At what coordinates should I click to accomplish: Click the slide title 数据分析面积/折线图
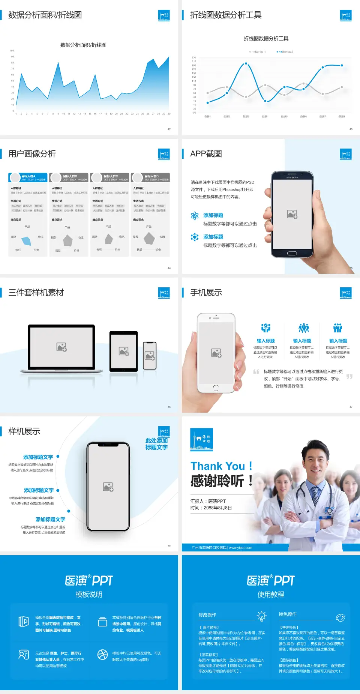(x=45, y=15)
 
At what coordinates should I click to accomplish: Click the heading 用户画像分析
(x=32, y=154)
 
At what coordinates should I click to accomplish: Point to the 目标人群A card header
(x=28, y=177)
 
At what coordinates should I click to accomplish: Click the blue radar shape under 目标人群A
(x=26, y=240)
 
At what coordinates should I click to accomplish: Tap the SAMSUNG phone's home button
(x=292, y=253)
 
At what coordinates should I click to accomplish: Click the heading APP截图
(x=206, y=154)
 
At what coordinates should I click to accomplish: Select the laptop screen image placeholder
(x=61, y=347)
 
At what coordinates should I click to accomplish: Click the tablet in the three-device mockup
(x=124, y=351)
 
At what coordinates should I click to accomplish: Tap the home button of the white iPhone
(x=216, y=387)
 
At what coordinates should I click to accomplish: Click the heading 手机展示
(x=206, y=293)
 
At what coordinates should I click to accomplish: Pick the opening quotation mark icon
(x=256, y=372)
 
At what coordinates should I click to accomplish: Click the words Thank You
(x=217, y=466)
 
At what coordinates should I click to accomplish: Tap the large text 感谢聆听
(x=217, y=481)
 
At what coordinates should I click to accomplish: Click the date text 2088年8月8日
(x=218, y=508)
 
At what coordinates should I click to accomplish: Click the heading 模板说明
(x=89, y=595)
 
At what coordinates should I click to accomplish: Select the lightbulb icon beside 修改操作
(x=261, y=616)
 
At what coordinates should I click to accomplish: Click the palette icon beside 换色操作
(x=340, y=617)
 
